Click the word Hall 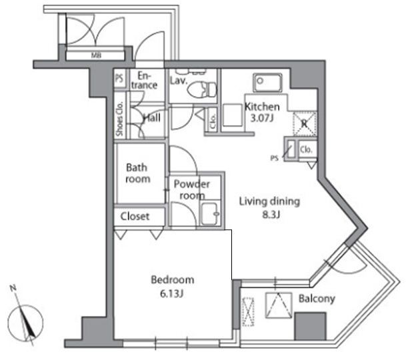coord(152,117)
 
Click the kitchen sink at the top coord(269,83)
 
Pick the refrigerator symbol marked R coord(303,123)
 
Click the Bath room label coord(138,173)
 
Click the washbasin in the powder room coord(211,215)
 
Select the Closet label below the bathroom coord(135,217)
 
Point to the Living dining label coord(270,201)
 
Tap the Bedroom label coord(172,279)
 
